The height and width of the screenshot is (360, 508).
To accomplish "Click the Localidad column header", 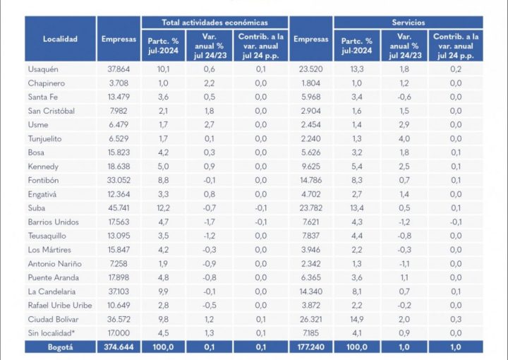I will (60, 40).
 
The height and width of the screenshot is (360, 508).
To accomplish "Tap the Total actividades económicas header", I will (214, 23).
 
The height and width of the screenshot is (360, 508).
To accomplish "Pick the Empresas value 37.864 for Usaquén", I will (118, 69).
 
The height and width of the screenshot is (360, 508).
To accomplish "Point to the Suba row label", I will (37, 208).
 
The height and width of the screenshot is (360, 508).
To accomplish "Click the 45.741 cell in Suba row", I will (118, 208).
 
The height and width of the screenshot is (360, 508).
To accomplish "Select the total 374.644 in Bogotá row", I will (118, 347).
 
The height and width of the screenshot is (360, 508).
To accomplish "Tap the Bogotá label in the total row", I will (60, 347).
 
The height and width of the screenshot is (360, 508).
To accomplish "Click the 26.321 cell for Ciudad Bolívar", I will (310, 319).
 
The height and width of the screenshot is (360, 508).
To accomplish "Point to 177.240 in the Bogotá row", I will (310, 347).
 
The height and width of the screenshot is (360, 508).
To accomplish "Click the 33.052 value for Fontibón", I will (118, 181).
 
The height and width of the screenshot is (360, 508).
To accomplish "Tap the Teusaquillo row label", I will (47, 236).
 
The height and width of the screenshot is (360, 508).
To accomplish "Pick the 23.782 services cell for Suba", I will (310, 208).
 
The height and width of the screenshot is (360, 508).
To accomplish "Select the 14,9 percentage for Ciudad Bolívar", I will (357, 319).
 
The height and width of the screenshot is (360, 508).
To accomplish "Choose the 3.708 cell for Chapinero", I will (118, 83).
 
